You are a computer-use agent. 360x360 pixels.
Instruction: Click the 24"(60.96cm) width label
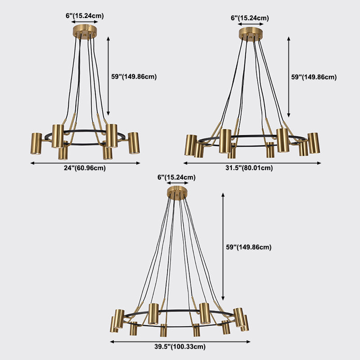(85, 168)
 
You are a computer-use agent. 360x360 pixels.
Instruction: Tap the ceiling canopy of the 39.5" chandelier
(177, 193)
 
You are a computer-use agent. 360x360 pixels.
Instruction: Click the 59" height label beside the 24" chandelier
(134, 76)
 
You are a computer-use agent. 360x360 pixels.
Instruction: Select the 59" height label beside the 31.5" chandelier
(314, 77)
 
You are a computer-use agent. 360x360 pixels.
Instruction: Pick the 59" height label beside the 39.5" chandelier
(248, 247)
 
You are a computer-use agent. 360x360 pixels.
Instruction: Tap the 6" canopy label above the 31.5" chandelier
(250, 18)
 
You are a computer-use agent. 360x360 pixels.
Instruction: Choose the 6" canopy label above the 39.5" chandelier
(176, 177)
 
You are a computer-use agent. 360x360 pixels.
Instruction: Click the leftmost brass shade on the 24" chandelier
(36, 143)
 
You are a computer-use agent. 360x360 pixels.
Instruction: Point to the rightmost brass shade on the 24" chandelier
(133, 143)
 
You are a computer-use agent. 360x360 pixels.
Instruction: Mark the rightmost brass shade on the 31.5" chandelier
(313, 143)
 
